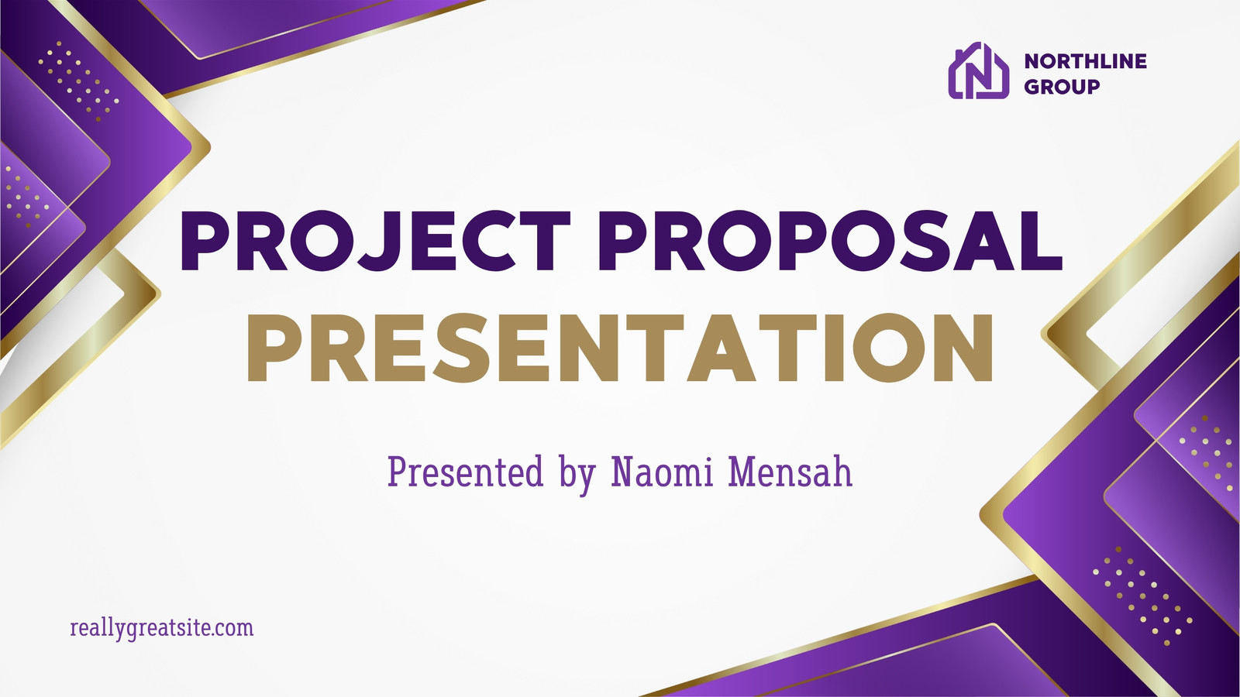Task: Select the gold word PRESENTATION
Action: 620,348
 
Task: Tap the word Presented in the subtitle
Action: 465,472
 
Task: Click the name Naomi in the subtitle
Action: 662,472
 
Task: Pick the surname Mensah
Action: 790,472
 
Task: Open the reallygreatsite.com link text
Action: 162,629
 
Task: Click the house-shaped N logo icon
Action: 978,70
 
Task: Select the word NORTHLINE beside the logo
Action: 1085,61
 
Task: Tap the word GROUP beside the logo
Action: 1061,87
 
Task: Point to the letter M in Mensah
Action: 742,472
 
